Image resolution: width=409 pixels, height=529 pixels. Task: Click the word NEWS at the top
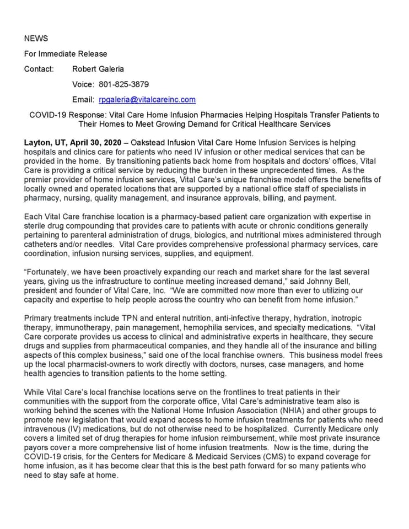pos(36,39)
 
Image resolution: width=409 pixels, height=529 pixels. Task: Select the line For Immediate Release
pos(66,54)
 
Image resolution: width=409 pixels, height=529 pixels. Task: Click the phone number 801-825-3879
pos(123,84)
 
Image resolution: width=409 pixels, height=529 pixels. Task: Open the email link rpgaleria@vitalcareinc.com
pos(147,100)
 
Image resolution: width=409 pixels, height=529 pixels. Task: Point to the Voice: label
pos(84,84)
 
